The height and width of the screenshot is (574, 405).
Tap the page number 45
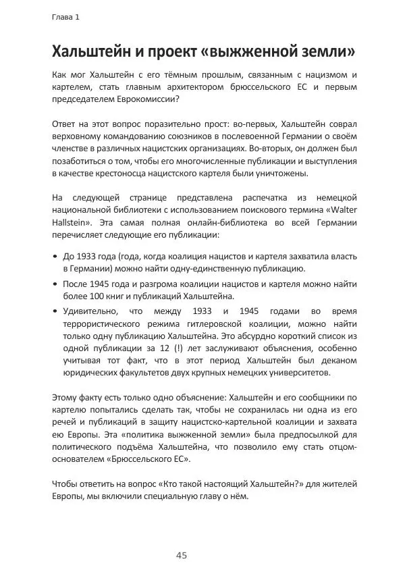click(182, 555)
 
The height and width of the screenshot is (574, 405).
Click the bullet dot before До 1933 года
click(55, 257)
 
